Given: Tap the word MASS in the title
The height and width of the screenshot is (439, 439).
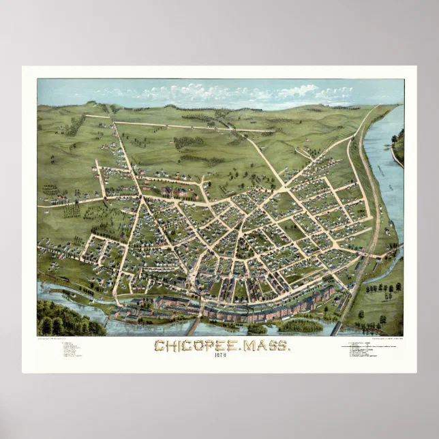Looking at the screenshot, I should (x=266, y=346).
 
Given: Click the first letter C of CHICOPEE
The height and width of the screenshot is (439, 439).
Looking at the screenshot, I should (x=159, y=346).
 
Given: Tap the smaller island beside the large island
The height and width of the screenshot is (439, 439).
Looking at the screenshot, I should (x=257, y=329).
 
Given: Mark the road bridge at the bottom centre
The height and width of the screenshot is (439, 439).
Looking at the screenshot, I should (x=193, y=326).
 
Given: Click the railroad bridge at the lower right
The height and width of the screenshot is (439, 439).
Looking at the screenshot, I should (x=336, y=328).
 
